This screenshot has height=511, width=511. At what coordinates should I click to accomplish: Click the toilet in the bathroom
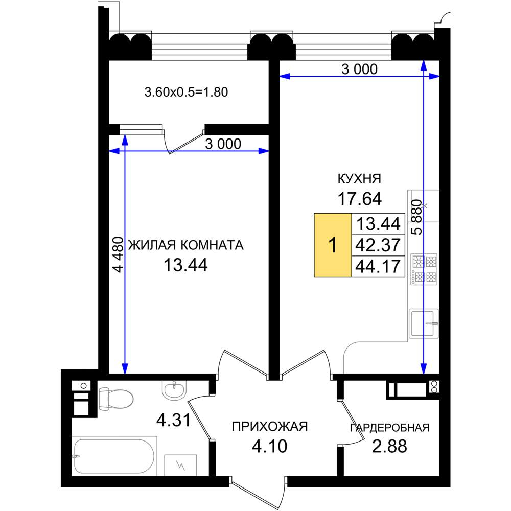tap(115, 398)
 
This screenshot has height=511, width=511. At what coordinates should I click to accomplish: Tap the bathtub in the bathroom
tap(114, 456)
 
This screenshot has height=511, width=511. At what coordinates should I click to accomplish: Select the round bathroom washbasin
tap(174, 389)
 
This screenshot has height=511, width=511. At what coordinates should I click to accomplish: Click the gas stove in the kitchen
tap(424, 269)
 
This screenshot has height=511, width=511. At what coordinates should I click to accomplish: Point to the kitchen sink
tap(424, 323)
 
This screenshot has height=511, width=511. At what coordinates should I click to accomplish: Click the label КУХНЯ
tap(359, 178)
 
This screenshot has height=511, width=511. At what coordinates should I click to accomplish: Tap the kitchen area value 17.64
tap(359, 198)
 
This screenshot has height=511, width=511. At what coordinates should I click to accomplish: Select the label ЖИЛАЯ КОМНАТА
tap(186, 245)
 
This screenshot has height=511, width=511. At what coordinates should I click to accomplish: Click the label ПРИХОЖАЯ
tap(269, 426)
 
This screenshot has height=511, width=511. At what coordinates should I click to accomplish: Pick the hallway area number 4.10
tap(269, 446)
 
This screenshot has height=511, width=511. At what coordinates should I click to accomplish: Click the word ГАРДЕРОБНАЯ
tap(390, 427)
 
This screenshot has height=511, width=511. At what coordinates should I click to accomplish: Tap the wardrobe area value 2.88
tap(389, 446)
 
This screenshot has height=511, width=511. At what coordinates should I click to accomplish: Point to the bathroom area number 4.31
tap(173, 420)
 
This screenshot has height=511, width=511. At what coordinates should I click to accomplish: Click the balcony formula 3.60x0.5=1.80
tap(186, 92)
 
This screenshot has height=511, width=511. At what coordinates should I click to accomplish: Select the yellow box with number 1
tap(333, 245)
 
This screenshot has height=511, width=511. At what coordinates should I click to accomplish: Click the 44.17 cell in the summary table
tap(378, 266)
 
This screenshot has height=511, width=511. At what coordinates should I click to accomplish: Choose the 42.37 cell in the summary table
tap(378, 245)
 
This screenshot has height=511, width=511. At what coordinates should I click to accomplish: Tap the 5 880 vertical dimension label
tap(416, 217)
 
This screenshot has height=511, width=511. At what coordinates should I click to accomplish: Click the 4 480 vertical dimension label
tap(118, 254)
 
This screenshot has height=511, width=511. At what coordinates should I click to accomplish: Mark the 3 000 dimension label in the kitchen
tap(359, 69)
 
